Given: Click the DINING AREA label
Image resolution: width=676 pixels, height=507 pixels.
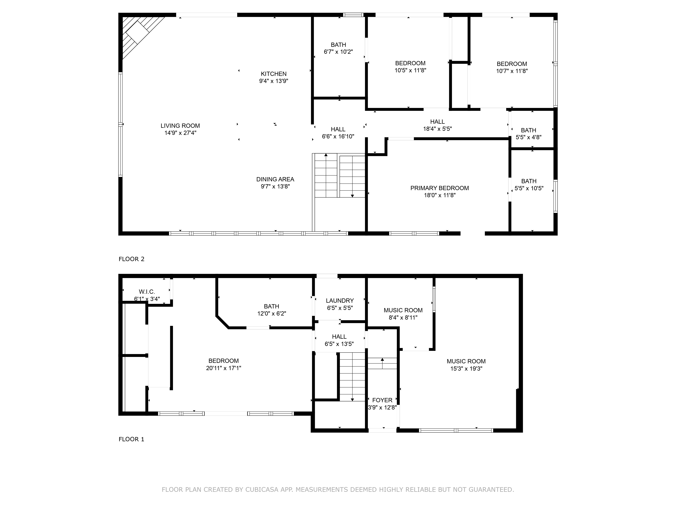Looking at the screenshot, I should coord(275,179).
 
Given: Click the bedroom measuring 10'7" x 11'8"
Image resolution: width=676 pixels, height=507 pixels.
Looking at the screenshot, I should coord(512,67).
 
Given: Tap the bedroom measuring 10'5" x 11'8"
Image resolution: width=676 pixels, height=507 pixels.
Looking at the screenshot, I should coord(410,67).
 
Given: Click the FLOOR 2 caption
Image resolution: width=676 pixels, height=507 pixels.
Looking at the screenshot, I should coord(131,259).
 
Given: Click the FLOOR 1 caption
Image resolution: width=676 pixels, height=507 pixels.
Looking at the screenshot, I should coord(131,439).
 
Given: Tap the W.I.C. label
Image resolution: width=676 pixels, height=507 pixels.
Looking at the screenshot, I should coord(147,292).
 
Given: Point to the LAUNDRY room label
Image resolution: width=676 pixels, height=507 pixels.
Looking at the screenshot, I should coord(340,301).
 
